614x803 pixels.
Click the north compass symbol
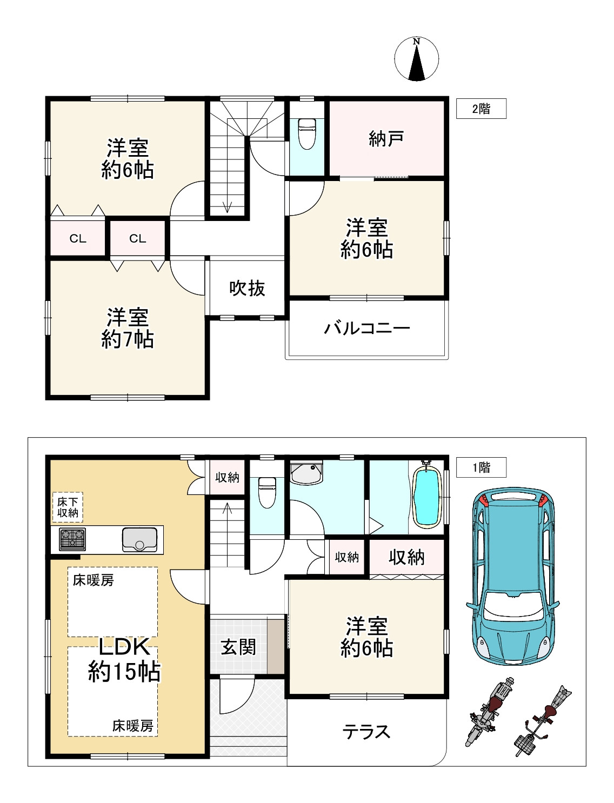coord(416,58)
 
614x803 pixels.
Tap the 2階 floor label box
coord(481,109)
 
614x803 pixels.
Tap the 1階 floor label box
coord(481,467)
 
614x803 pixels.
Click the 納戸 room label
coord(386,139)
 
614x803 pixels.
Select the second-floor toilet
coord(307,134)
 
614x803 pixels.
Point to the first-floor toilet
coord(267,492)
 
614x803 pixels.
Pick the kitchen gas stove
coord(72,539)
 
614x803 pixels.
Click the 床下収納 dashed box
coord(68,507)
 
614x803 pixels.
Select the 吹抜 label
coord(247,288)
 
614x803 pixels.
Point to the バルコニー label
coord(367,328)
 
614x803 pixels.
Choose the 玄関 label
coord(238,646)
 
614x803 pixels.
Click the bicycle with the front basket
coord(543,721)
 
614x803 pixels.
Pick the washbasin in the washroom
coord(306,473)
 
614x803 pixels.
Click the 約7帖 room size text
coord(128,339)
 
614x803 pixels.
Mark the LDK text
coord(124,646)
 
